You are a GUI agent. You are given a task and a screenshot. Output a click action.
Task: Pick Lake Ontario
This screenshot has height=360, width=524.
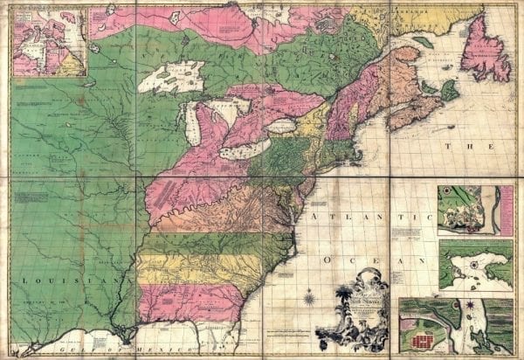(x=280, y=127)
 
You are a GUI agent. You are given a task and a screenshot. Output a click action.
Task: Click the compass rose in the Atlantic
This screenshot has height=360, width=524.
(x=309, y=301)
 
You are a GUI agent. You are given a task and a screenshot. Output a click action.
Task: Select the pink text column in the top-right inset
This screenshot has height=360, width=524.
(x=506, y=210)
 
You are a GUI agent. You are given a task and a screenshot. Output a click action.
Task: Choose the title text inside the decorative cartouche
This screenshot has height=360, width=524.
(x=362, y=301)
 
